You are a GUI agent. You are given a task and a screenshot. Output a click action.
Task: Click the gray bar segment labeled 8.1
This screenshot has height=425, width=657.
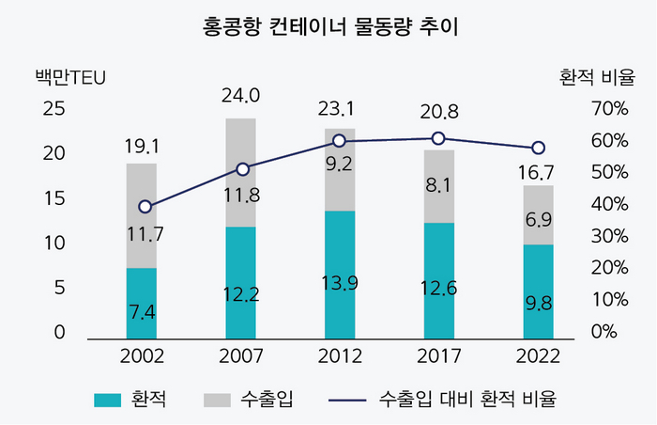point(438,187)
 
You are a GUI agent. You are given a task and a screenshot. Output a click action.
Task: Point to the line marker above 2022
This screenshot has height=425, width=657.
point(538,148)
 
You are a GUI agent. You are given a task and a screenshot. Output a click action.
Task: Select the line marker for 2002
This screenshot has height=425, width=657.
point(145,207)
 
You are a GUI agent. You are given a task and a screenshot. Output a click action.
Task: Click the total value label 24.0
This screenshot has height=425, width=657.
point(240,95)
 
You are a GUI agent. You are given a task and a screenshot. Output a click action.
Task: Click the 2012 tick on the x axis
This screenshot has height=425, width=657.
point(340,357)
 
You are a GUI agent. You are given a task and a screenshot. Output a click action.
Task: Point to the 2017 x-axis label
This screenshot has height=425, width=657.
point(438,357)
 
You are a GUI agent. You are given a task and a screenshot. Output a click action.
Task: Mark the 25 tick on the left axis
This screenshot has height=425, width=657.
point(54,109)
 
